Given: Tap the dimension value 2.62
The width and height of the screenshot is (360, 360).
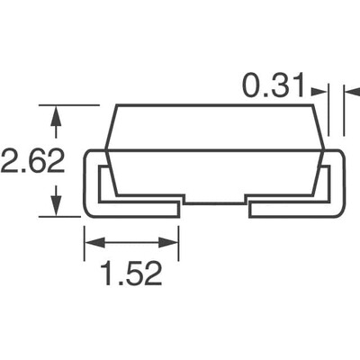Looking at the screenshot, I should click(32, 162).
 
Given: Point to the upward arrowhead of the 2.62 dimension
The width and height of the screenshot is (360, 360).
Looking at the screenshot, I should click(57, 114).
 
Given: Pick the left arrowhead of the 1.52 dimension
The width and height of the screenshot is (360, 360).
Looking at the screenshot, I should click(91, 242).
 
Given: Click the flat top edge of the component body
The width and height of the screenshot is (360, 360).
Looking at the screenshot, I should click(216, 106).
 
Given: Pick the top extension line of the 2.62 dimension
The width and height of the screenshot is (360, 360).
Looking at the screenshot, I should click(72, 105).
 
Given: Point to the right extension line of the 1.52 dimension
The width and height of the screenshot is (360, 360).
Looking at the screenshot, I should click(178, 238).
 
